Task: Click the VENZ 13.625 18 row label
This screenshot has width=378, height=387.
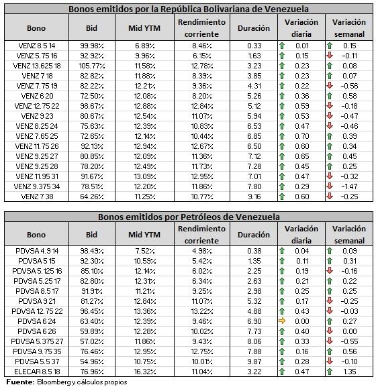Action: pyautogui.click(x=37, y=66)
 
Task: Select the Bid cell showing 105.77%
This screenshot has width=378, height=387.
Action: pyautogui.click(x=92, y=66)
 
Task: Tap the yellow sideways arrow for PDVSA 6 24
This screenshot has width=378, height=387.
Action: pyautogui.click(x=282, y=321)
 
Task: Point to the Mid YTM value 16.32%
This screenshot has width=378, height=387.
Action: pyautogui.click(x=145, y=372)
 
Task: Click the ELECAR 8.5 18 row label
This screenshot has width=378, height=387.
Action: pyautogui.click(x=37, y=372)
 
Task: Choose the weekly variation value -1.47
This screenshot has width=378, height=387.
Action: pyautogui.click(x=349, y=186)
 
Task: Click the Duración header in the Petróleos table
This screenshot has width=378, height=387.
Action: pyautogui.click(x=254, y=235)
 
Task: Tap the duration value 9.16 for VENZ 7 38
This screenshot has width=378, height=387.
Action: pyautogui.click(x=254, y=197)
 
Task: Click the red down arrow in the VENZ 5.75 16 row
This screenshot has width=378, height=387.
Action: pyautogui.click(x=330, y=55)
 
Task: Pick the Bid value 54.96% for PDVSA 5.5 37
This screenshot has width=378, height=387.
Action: pyautogui.click(x=92, y=362)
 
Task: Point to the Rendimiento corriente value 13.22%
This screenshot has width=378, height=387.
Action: pyautogui.click(x=202, y=311)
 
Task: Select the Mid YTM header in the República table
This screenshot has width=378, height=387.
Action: pyautogui.click(x=144, y=28)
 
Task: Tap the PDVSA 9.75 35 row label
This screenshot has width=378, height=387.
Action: pyautogui.click(x=37, y=351)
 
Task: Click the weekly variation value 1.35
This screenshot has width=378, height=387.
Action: pyautogui.click(x=350, y=372)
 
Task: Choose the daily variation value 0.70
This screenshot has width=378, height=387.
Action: pyautogui.click(x=302, y=136)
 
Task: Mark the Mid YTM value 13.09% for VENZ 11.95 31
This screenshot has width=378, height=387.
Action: pyautogui.click(x=145, y=176)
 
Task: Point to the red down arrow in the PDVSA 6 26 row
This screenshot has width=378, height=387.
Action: pyautogui.click(x=330, y=331)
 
